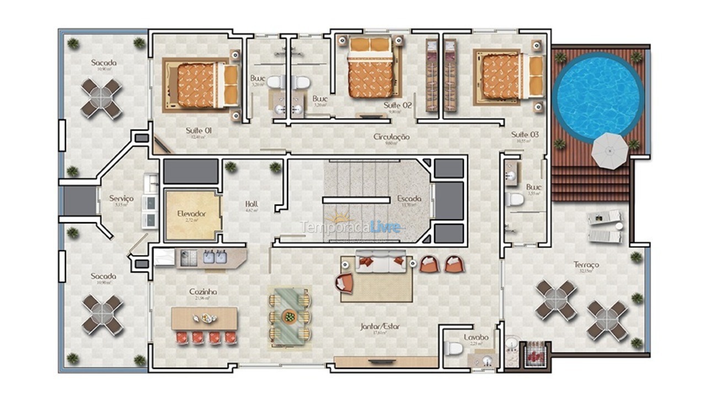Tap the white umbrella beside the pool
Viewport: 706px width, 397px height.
(610, 149)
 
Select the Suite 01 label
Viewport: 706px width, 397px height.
(199, 131)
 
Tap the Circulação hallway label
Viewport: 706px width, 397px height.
(391, 137)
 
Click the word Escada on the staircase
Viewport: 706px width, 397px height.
(409, 198)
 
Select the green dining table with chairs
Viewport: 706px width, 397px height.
(289, 317)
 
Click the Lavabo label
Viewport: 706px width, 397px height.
(475, 337)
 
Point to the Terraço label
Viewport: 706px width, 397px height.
(586, 265)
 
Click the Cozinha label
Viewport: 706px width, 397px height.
(203, 292)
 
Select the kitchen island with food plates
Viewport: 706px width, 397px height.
(204, 319)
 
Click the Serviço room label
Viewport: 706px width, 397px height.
(121, 198)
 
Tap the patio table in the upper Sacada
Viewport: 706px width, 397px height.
(101, 99)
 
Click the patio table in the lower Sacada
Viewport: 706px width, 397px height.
(102, 315)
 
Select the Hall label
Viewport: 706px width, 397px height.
(251, 204)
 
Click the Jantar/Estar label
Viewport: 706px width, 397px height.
(380, 326)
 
